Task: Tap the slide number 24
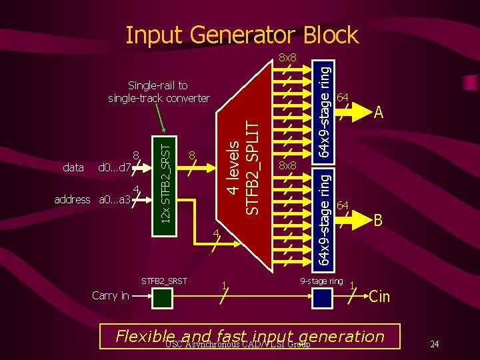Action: click(434, 345)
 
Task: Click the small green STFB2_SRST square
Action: click(163, 297)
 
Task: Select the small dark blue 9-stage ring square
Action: click(322, 297)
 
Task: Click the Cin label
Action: click(380, 297)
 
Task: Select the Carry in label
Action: click(111, 296)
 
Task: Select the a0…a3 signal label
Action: click(114, 199)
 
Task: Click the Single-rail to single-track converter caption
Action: click(159, 92)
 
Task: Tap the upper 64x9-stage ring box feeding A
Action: click(322, 110)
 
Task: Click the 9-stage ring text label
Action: click(321, 281)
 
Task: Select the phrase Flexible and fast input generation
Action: click(250, 337)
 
